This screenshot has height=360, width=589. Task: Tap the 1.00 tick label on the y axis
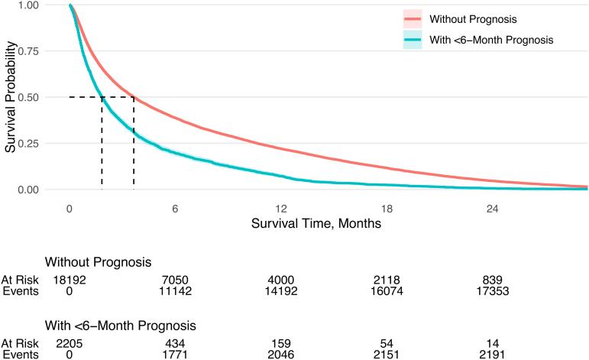tap(28, 5)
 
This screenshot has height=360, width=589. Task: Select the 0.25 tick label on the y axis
tap(28, 143)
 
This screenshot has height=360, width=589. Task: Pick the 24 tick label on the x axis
tap(493, 208)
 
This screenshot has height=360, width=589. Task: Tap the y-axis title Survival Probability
tap(9, 97)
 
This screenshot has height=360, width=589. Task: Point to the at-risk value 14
tap(492, 343)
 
